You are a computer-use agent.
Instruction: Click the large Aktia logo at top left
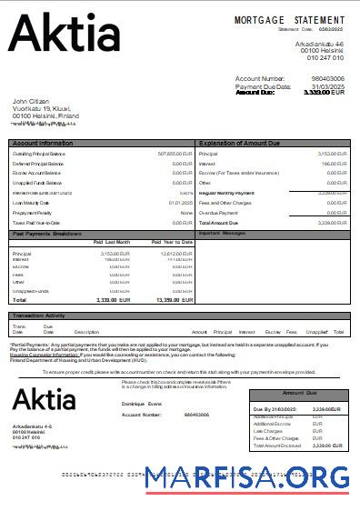(64, 35)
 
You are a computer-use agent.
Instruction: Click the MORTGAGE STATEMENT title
(289, 19)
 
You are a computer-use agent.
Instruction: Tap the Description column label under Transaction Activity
(86, 332)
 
